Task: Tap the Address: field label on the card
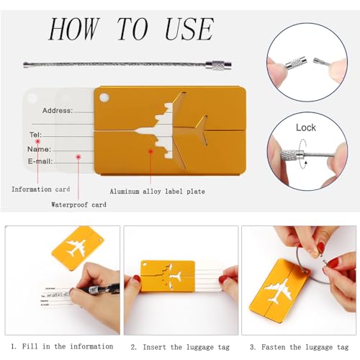point(58,111)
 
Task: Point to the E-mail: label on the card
point(42,162)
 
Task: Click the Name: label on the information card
point(39,149)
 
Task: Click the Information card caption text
point(41,189)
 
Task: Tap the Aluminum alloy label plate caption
point(157,192)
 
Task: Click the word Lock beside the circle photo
point(306,127)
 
